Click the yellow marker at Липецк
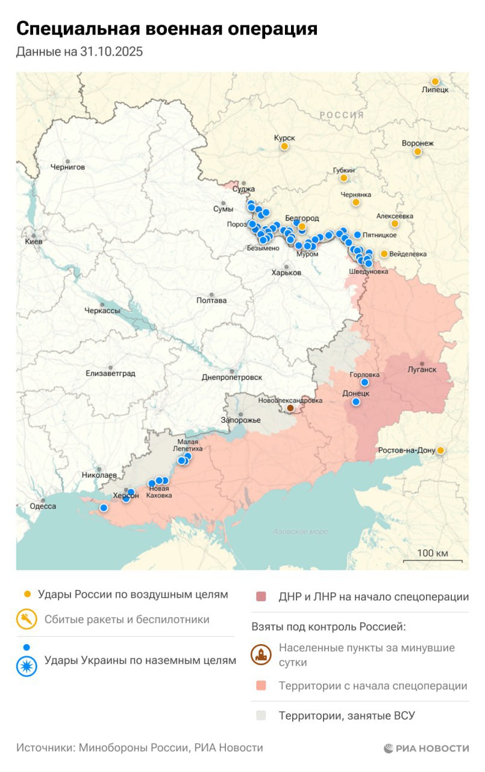[x=434, y=81]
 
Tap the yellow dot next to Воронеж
[x=417, y=152]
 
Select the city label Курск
[x=284, y=138]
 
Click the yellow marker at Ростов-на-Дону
[x=440, y=450]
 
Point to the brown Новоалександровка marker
[x=290, y=408]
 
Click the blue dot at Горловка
[x=365, y=382]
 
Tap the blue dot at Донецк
[x=356, y=402]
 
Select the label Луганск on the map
[x=422, y=369]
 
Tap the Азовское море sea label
[x=300, y=531]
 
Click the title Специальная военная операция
[x=166, y=28]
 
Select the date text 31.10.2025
[x=111, y=52]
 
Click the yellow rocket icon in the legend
[x=27, y=619]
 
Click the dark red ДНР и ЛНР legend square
[x=260, y=597]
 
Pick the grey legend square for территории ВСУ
[x=260, y=716]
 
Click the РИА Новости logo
[x=426, y=748]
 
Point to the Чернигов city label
[x=67, y=166]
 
